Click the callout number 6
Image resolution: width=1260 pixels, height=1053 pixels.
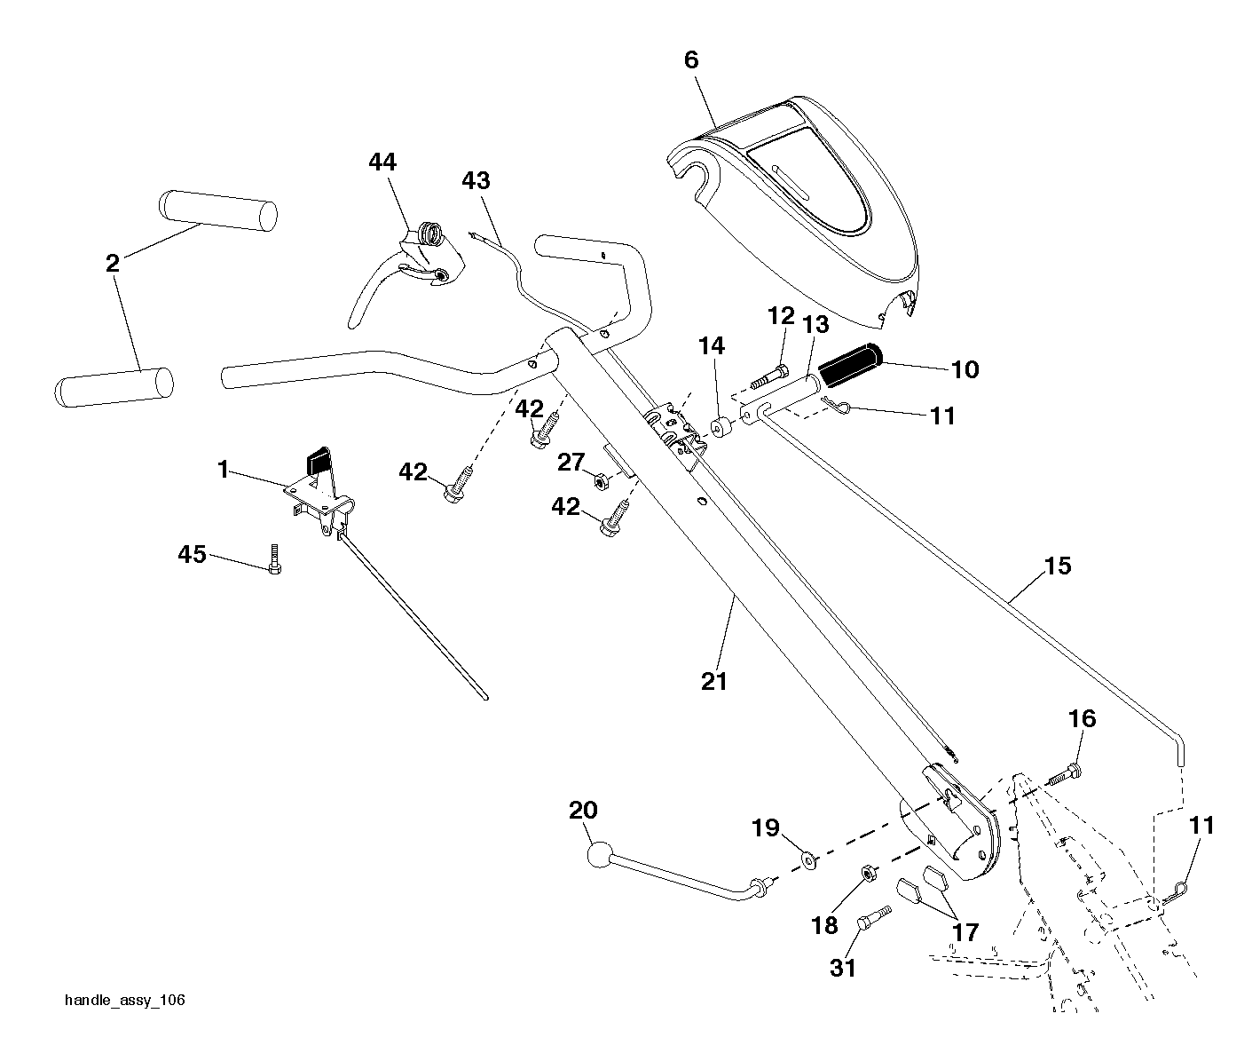coord(691,59)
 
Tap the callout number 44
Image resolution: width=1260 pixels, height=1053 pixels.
coord(382,162)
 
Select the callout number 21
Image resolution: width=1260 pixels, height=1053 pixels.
coord(714,682)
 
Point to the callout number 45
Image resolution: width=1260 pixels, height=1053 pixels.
coord(192,554)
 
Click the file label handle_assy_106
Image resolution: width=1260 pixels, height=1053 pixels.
coord(125,1000)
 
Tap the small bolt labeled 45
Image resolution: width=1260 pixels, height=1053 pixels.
coord(274,558)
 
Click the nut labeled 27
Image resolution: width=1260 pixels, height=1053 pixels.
coord(601,481)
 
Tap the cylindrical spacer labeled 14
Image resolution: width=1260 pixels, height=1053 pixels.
coord(721,427)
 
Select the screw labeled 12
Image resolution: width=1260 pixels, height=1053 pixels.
coord(769,375)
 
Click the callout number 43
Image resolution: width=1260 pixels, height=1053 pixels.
coord(476,180)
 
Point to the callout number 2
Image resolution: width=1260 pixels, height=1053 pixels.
coord(113,263)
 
